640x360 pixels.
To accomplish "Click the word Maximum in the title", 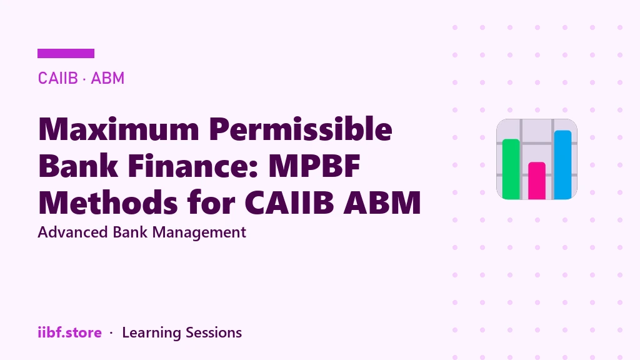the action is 119,129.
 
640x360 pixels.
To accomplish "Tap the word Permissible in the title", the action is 301,129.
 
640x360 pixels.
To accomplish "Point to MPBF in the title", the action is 314,166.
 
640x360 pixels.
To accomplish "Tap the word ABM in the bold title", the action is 382,202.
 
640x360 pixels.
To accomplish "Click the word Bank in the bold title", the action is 78,166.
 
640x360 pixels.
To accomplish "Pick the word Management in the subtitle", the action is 199,233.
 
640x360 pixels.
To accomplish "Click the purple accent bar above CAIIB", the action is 66,54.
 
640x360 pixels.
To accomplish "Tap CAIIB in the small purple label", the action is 57,78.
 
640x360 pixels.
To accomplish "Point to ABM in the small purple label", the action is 107,78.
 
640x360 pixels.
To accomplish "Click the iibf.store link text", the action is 70,332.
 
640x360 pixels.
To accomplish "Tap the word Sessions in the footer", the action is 214,332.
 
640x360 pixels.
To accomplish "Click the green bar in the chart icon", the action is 511,169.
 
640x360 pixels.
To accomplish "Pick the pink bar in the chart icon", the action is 537,181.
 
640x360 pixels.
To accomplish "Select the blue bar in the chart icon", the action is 562,164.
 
